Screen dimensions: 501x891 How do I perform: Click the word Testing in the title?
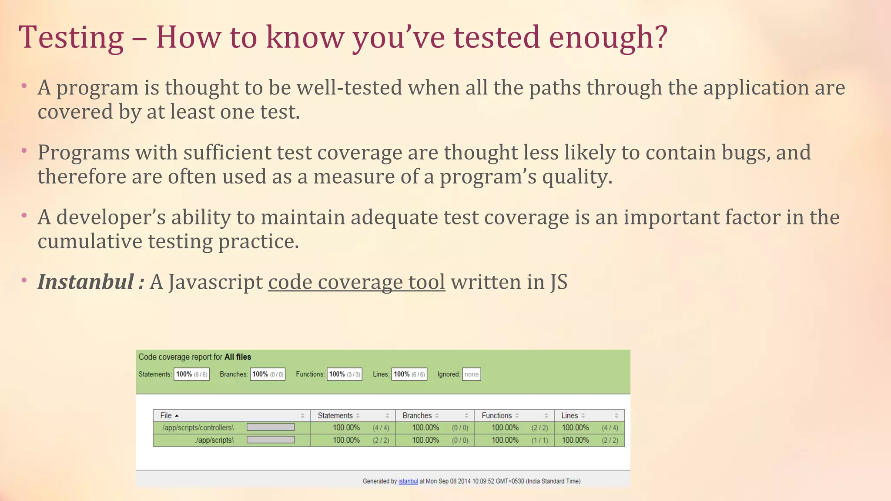71,37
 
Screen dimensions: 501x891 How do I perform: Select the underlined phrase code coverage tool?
356,282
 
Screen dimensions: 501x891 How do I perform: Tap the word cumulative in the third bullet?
90,241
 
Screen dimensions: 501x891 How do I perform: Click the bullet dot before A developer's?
24,215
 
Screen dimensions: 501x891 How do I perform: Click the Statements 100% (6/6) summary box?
191,374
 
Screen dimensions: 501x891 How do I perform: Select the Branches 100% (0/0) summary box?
268,374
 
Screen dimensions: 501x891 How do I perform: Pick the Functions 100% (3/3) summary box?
345,374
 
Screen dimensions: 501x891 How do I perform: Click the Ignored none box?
471,374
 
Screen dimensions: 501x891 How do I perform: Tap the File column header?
166,415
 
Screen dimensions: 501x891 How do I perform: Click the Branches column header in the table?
417,415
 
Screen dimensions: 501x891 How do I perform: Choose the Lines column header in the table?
569,415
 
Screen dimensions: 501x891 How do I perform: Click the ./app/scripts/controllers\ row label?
197,428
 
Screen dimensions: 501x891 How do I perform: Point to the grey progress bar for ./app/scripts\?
271,440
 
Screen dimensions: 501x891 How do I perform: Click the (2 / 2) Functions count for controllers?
539,428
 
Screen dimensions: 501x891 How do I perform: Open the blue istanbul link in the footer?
408,481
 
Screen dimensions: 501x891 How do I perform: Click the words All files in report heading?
238,357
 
